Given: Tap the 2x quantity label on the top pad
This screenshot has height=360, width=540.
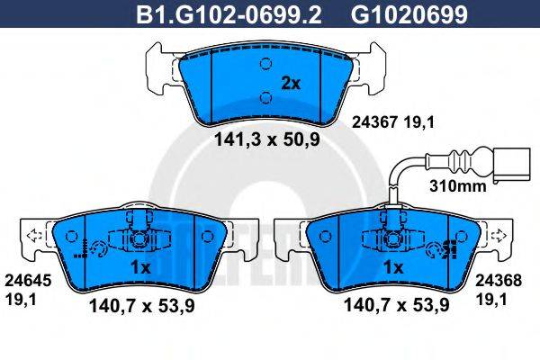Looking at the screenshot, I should tap(290, 84).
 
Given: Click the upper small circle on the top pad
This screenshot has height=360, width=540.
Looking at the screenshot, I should tap(265, 64).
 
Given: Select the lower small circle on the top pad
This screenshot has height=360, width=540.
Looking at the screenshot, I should tap(265, 97).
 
